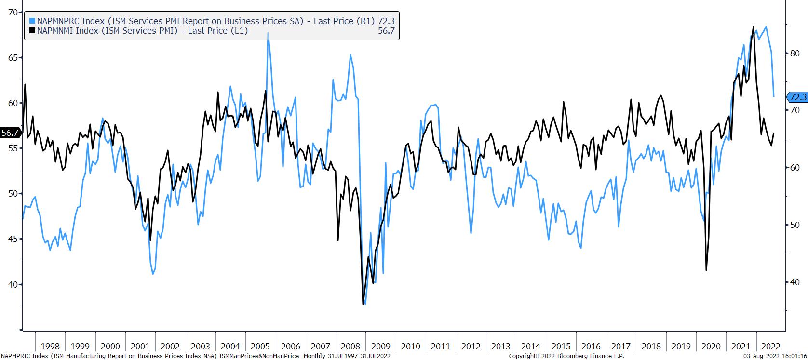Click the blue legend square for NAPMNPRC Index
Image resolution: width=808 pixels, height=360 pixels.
point(32,21)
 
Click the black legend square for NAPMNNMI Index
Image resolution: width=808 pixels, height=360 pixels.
point(32,31)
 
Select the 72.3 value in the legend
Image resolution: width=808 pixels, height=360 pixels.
point(387,21)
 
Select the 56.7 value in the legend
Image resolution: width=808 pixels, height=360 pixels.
point(387,31)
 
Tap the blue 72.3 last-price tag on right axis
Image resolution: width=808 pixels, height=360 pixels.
point(798,97)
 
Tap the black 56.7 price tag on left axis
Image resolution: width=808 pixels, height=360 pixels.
point(10,133)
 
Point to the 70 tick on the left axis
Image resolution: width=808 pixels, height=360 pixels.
point(13,12)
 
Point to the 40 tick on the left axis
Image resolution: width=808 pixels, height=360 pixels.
point(13,284)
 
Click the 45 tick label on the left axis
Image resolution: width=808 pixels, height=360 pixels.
point(13,239)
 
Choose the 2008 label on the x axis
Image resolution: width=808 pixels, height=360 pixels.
point(350,346)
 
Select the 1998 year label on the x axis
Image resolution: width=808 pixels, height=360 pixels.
point(50,346)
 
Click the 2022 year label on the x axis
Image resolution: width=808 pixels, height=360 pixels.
point(770,346)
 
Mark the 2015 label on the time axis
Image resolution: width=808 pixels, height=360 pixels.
point(561,346)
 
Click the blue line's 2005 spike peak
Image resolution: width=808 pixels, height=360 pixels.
point(268,33)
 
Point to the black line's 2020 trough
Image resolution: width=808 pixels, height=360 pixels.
point(706,270)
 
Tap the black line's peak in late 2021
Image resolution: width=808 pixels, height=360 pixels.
point(753,27)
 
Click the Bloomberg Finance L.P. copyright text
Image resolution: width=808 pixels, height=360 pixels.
point(566,356)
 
